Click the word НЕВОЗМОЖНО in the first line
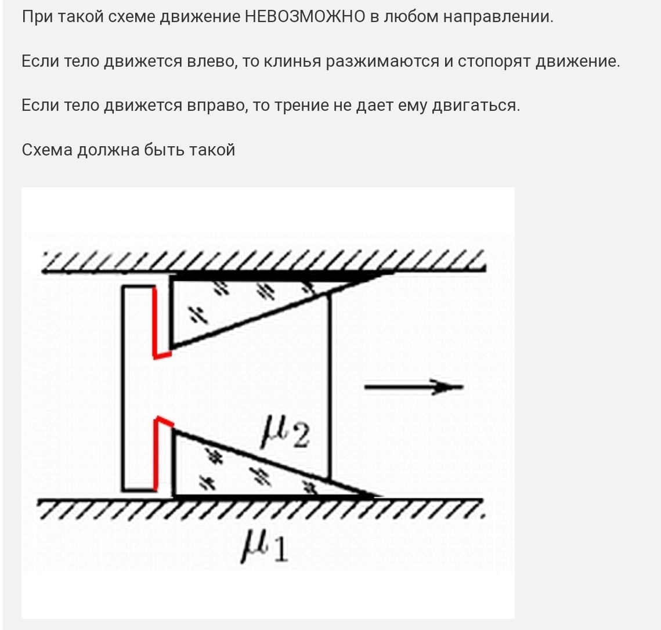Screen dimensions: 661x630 [305, 17]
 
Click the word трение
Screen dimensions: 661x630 [301, 106]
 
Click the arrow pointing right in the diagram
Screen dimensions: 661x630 [414, 386]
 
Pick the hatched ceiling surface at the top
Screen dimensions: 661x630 [264, 261]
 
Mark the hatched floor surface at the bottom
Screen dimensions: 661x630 [261, 509]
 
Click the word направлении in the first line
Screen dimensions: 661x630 [498, 17]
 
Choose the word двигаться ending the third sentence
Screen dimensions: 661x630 [476, 106]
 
